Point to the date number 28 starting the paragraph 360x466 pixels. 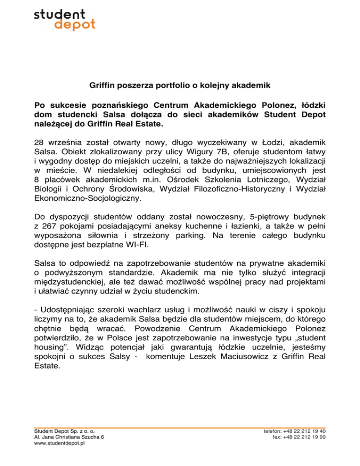pyautogui.click(x=39, y=141)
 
